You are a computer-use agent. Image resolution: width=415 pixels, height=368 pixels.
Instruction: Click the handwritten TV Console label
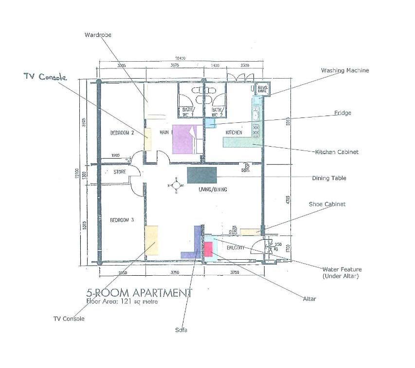pyautogui.click(x=45, y=77)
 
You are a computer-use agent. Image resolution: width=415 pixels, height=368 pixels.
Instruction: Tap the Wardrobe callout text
pyautogui.click(x=98, y=35)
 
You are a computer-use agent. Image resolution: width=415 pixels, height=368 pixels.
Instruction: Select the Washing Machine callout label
pyautogui.click(x=344, y=70)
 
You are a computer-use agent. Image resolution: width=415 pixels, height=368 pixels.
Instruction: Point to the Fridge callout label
pyautogui.click(x=343, y=113)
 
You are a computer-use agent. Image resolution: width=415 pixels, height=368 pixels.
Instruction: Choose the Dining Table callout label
pyautogui.click(x=329, y=178)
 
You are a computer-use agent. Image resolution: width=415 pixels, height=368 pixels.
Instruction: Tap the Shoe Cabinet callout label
pyautogui.click(x=327, y=204)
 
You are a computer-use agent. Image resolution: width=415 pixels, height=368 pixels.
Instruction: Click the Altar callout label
pyautogui.click(x=309, y=299)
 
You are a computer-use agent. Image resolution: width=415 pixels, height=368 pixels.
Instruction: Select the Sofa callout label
pyautogui.click(x=181, y=330)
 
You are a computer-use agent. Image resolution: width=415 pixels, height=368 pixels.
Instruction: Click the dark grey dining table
pyautogui.click(x=202, y=175)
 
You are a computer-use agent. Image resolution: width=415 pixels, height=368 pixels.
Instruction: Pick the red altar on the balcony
pyautogui.click(x=208, y=249)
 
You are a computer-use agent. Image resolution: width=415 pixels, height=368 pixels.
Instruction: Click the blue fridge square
pyautogui.click(x=210, y=123)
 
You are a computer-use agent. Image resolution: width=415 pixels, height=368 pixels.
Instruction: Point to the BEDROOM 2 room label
pyautogui.click(x=122, y=132)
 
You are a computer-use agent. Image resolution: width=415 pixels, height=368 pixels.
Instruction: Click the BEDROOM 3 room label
pyautogui.click(x=122, y=220)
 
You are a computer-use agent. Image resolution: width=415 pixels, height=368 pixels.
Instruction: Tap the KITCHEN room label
pyautogui.click(x=234, y=133)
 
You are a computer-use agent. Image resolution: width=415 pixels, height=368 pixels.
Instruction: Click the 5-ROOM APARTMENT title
pyautogui.click(x=139, y=293)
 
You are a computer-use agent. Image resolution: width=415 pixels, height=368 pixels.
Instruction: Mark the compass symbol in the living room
pyautogui.click(x=175, y=185)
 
